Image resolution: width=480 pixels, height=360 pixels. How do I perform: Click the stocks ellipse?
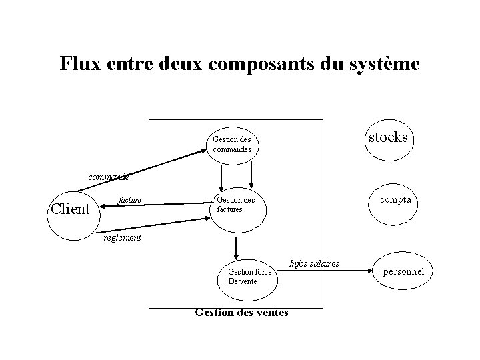387,138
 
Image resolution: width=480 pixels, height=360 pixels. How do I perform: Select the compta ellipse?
395,200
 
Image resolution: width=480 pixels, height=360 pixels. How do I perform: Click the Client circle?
71,209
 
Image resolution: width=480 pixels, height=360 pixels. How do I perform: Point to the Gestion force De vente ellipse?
249,276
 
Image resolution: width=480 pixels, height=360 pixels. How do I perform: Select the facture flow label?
129,199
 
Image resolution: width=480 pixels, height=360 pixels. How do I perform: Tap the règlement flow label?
122,237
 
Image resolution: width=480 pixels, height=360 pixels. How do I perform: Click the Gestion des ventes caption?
241,311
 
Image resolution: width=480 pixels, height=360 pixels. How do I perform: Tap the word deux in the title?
181,64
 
